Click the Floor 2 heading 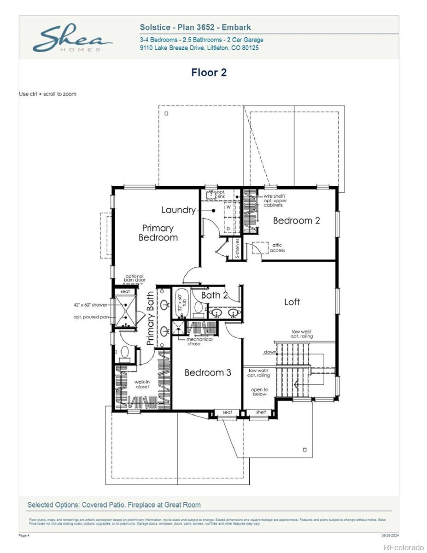click(x=209, y=72)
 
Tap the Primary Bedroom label click(x=158, y=233)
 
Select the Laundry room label click(x=178, y=210)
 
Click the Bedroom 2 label click(x=296, y=220)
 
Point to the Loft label click(x=292, y=302)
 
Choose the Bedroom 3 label click(x=208, y=372)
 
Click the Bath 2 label click(x=214, y=295)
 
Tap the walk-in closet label click(x=142, y=384)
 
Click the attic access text click(x=277, y=248)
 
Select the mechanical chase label click(x=200, y=341)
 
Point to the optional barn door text click(x=135, y=278)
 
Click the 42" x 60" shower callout click(x=90, y=305)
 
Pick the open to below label click(x=259, y=392)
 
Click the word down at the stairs click(x=270, y=352)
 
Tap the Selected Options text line click(x=114, y=505)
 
